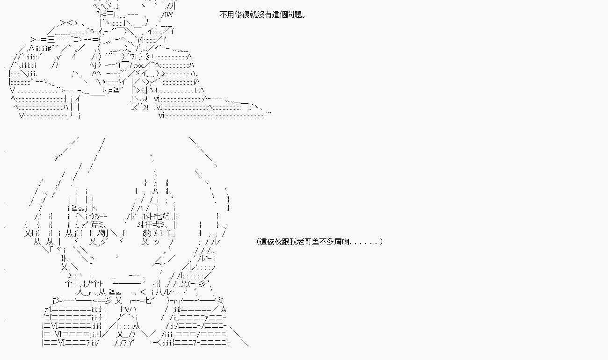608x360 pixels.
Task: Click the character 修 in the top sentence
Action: [x=238, y=14]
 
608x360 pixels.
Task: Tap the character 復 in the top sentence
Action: [x=246, y=14]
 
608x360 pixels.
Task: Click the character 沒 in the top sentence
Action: [x=261, y=14]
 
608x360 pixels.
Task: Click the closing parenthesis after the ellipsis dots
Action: [x=381, y=241]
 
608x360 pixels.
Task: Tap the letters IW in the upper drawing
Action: [x=168, y=14]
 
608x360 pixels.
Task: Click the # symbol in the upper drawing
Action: [x=49, y=49]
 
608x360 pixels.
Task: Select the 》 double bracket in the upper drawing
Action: [x=147, y=57]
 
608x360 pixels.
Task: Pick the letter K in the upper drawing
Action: [x=135, y=108]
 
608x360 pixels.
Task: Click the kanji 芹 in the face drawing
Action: [x=95, y=224]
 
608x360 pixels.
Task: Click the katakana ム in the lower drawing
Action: [x=224, y=309]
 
